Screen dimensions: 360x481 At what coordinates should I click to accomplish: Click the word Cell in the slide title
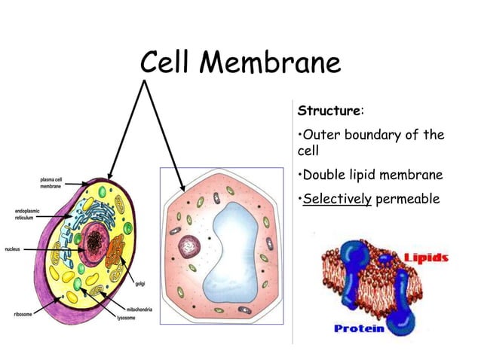coord(167,63)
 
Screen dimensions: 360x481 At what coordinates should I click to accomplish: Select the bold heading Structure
coord(329,111)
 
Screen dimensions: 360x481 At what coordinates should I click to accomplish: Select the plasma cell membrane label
coord(50,183)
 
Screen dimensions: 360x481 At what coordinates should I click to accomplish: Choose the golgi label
coord(140,284)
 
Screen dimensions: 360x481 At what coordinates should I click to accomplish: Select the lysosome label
coord(126,318)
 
